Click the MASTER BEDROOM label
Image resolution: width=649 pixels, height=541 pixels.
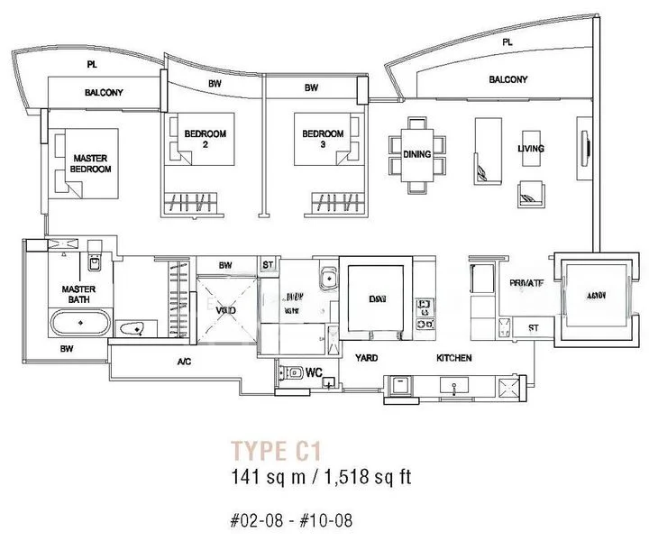(91, 163)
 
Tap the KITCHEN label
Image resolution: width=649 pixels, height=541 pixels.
(454, 358)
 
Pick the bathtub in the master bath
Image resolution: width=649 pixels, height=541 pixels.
(79, 322)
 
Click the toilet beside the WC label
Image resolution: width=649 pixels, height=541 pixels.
(292, 371)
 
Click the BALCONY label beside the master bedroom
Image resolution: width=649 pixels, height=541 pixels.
(104, 93)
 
